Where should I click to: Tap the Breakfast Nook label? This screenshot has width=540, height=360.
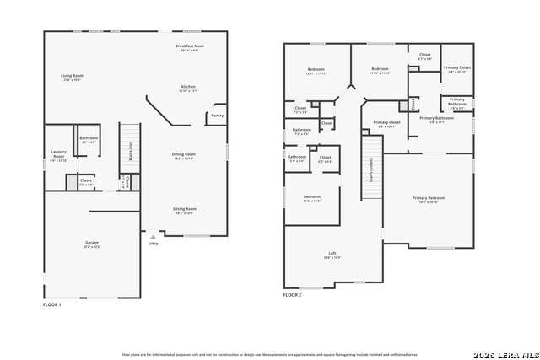click(x=186, y=47)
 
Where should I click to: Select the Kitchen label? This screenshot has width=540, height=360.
click(x=188, y=89)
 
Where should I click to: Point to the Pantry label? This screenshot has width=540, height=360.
click(x=217, y=116)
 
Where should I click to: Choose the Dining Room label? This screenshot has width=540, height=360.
click(x=184, y=156)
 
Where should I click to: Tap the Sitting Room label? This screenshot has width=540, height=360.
click(x=185, y=211)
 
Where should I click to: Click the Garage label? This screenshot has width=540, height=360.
click(x=91, y=245)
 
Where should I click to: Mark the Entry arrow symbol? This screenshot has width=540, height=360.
click(x=153, y=237)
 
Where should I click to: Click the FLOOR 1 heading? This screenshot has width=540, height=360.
click(x=52, y=304)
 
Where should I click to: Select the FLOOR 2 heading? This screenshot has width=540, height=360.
click(x=292, y=295)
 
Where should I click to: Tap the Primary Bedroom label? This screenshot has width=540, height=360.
click(x=428, y=199)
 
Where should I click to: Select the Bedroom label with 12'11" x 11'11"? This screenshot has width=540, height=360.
click(x=316, y=71)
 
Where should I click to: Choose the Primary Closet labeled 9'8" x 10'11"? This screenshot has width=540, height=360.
click(x=386, y=124)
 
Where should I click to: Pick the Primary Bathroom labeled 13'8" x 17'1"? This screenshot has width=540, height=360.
click(x=431, y=120)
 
